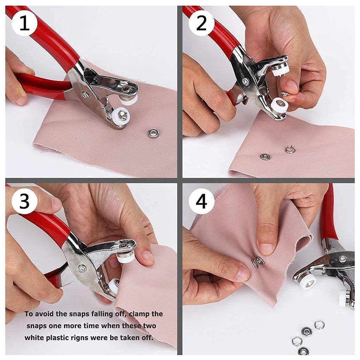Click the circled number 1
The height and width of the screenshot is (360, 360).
pos(24,24)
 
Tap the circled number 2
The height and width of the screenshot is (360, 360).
pos(201,24)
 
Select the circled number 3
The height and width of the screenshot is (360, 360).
pos(24,202)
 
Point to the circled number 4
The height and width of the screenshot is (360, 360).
pos(201,202)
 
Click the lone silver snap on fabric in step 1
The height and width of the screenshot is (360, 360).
pos(153,133)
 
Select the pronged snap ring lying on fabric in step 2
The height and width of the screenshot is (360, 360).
pos(290,150)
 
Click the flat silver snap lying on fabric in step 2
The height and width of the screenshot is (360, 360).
pos(265,156)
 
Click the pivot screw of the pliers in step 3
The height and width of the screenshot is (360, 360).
pos(82,268)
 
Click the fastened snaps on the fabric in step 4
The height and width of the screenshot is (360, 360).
pos(258,261)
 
